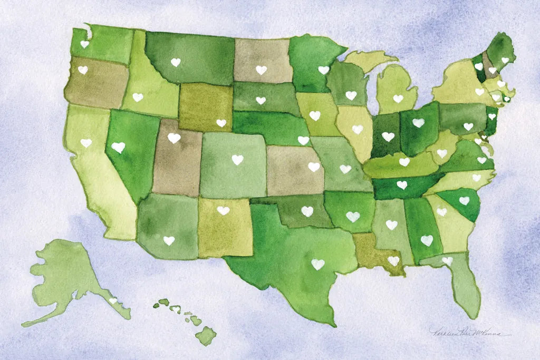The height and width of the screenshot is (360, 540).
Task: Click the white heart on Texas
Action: (x=317, y=265)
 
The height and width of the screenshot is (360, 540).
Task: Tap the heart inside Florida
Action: (x=447, y=260)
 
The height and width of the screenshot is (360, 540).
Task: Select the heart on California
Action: (x=86, y=143)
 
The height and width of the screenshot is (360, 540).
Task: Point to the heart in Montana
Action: (x=176, y=62)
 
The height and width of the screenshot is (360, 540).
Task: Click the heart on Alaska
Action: (x=112, y=300)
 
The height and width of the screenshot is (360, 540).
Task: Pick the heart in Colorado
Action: (x=237, y=159)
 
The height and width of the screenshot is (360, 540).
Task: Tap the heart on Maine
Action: (x=505, y=60)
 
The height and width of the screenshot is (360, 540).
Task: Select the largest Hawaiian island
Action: (x=206, y=335)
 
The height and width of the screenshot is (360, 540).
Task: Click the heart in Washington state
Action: (x=84, y=44)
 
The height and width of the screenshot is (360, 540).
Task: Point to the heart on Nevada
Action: (x=119, y=147)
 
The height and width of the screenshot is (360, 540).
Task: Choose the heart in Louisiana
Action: (x=393, y=260)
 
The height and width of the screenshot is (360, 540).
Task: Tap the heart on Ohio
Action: (x=418, y=122)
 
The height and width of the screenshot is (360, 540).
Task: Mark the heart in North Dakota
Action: (x=261, y=70)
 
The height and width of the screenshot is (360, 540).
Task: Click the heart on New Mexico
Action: (x=223, y=210)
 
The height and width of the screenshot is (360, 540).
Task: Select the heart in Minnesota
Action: (x=323, y=70)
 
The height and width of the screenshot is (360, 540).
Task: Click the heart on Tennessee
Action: (x=402, y=185)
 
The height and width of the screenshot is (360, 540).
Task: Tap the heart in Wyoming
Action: (x=221, y=123)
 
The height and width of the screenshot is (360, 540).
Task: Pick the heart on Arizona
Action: (x=168, y=240)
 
